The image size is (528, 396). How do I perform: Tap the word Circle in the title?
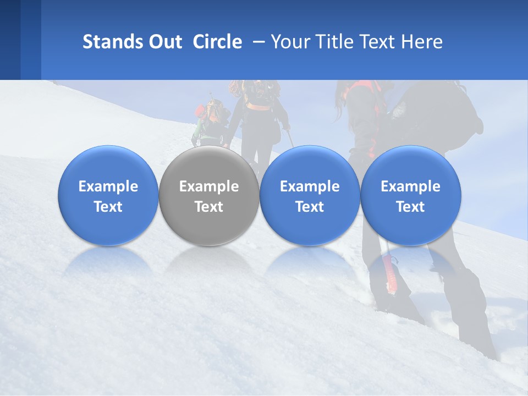(x=217, y=42)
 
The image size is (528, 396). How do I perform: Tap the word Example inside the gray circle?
(x=209, y=186)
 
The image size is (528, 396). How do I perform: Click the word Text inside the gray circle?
(x=209, y=207)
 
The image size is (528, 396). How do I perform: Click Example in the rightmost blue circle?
(x=410, y=186)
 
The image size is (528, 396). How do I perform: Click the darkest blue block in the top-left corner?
(x=10, y=40)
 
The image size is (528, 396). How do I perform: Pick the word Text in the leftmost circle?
(x=108, y=207)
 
